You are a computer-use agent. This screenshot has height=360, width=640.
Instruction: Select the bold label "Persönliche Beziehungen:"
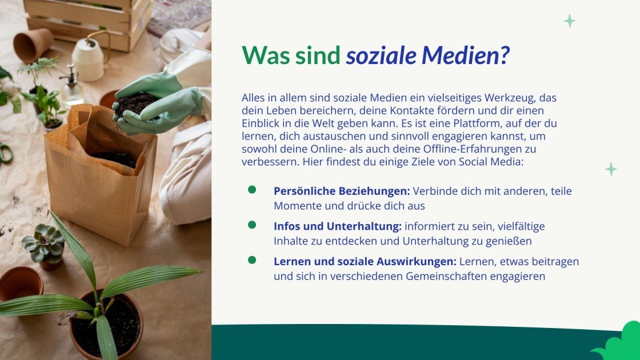342,191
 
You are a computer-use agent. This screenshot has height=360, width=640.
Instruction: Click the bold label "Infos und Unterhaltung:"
338,226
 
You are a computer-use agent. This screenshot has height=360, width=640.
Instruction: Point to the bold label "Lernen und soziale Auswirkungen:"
365,262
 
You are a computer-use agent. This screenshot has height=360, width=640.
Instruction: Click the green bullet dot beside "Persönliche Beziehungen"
252,190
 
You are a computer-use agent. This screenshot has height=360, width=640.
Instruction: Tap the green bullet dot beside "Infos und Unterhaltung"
252,225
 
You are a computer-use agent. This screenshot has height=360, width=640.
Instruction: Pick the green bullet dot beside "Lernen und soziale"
252,261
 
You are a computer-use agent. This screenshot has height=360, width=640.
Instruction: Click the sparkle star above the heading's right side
569,21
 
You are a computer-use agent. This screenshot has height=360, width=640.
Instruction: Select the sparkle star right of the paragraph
611,169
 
